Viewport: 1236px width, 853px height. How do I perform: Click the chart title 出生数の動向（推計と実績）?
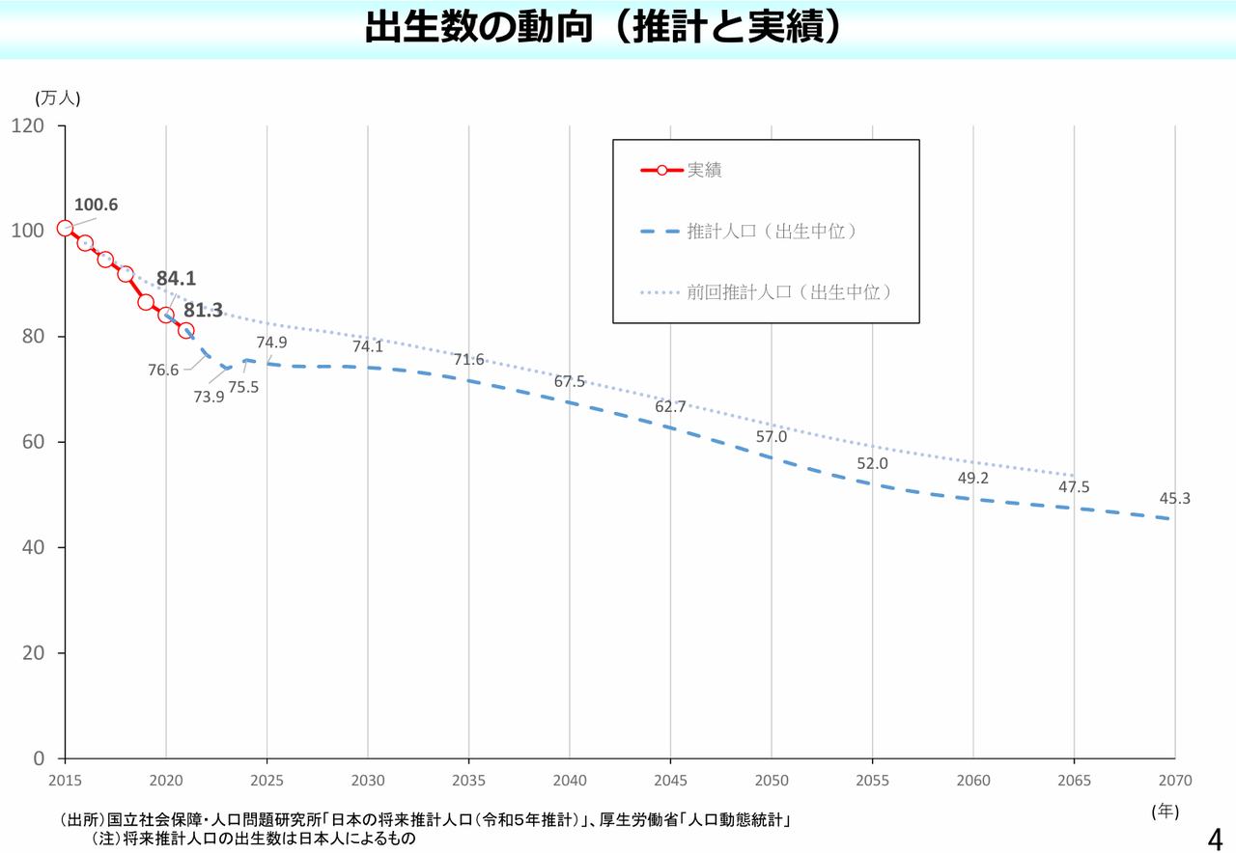(604, 27)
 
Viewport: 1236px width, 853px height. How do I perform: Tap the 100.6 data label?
(96, 205)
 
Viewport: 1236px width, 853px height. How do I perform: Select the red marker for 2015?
(65, 229)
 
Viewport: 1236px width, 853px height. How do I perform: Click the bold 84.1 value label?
(176, 279)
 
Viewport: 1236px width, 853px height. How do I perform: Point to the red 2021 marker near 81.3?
(186, 330)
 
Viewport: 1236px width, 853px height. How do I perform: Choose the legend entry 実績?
(704, 171)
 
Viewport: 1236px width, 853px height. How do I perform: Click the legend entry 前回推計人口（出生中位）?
(788, 291)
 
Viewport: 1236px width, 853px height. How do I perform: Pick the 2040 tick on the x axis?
(570, 780)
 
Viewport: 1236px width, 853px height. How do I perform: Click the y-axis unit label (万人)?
(58, 97)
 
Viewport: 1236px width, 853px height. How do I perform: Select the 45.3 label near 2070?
(1175, 499)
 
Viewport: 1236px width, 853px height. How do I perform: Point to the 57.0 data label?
(772, 436)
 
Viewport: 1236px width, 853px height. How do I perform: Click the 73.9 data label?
(209, 396)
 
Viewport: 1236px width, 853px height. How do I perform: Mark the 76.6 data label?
(163, 370)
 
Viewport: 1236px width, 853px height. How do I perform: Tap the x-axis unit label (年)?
(1166, 812)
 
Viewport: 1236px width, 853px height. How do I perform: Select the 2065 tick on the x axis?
(1074, 780)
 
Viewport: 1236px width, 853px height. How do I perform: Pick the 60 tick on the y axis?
(34, 442)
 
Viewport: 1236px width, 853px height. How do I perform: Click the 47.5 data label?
(1074, 487)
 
